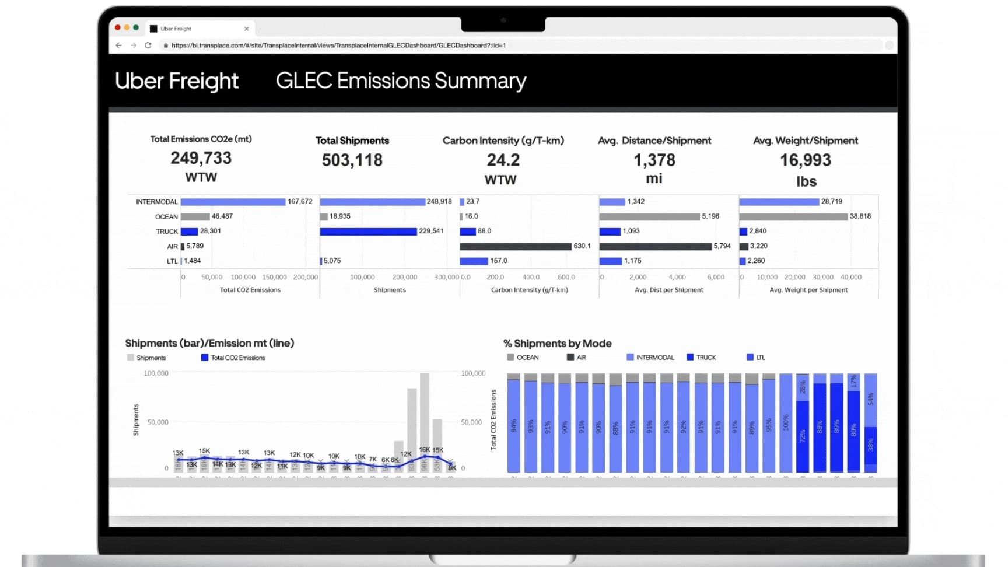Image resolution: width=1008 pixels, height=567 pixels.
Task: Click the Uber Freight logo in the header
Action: pos(177,80)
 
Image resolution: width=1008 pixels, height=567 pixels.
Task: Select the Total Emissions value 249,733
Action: pos(201,158)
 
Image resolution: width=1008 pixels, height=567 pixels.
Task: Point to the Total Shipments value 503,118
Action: pos(352,160)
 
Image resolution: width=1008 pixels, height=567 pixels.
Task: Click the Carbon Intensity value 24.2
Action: pos(503,160)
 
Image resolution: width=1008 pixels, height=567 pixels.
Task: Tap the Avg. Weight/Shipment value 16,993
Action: pos(806,160)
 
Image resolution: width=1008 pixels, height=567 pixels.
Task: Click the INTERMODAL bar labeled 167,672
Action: pos(233,202)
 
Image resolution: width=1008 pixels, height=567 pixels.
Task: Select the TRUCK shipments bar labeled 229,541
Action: pos(368,232)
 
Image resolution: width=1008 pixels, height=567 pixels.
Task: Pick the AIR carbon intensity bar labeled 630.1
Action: pos(515,246)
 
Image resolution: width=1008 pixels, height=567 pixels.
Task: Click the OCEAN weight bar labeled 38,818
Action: pos(793,216)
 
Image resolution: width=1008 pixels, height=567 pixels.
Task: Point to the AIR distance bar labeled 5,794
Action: pos(655,246)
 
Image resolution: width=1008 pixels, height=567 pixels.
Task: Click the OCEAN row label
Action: pos(166,217)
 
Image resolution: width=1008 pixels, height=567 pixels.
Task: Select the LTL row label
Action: pos(172,261)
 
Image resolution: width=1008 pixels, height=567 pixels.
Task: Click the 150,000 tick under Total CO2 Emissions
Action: pos(274,277)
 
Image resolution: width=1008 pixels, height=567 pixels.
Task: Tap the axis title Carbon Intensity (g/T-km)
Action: pos(529,290)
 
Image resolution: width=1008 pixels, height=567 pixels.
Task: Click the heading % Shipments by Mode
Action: pos(557,344)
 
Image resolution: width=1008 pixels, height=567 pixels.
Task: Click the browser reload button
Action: pos(148,45)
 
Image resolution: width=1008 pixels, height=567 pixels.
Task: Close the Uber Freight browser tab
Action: pos(247,29)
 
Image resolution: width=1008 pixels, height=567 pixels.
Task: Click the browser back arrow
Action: pos(119,45)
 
